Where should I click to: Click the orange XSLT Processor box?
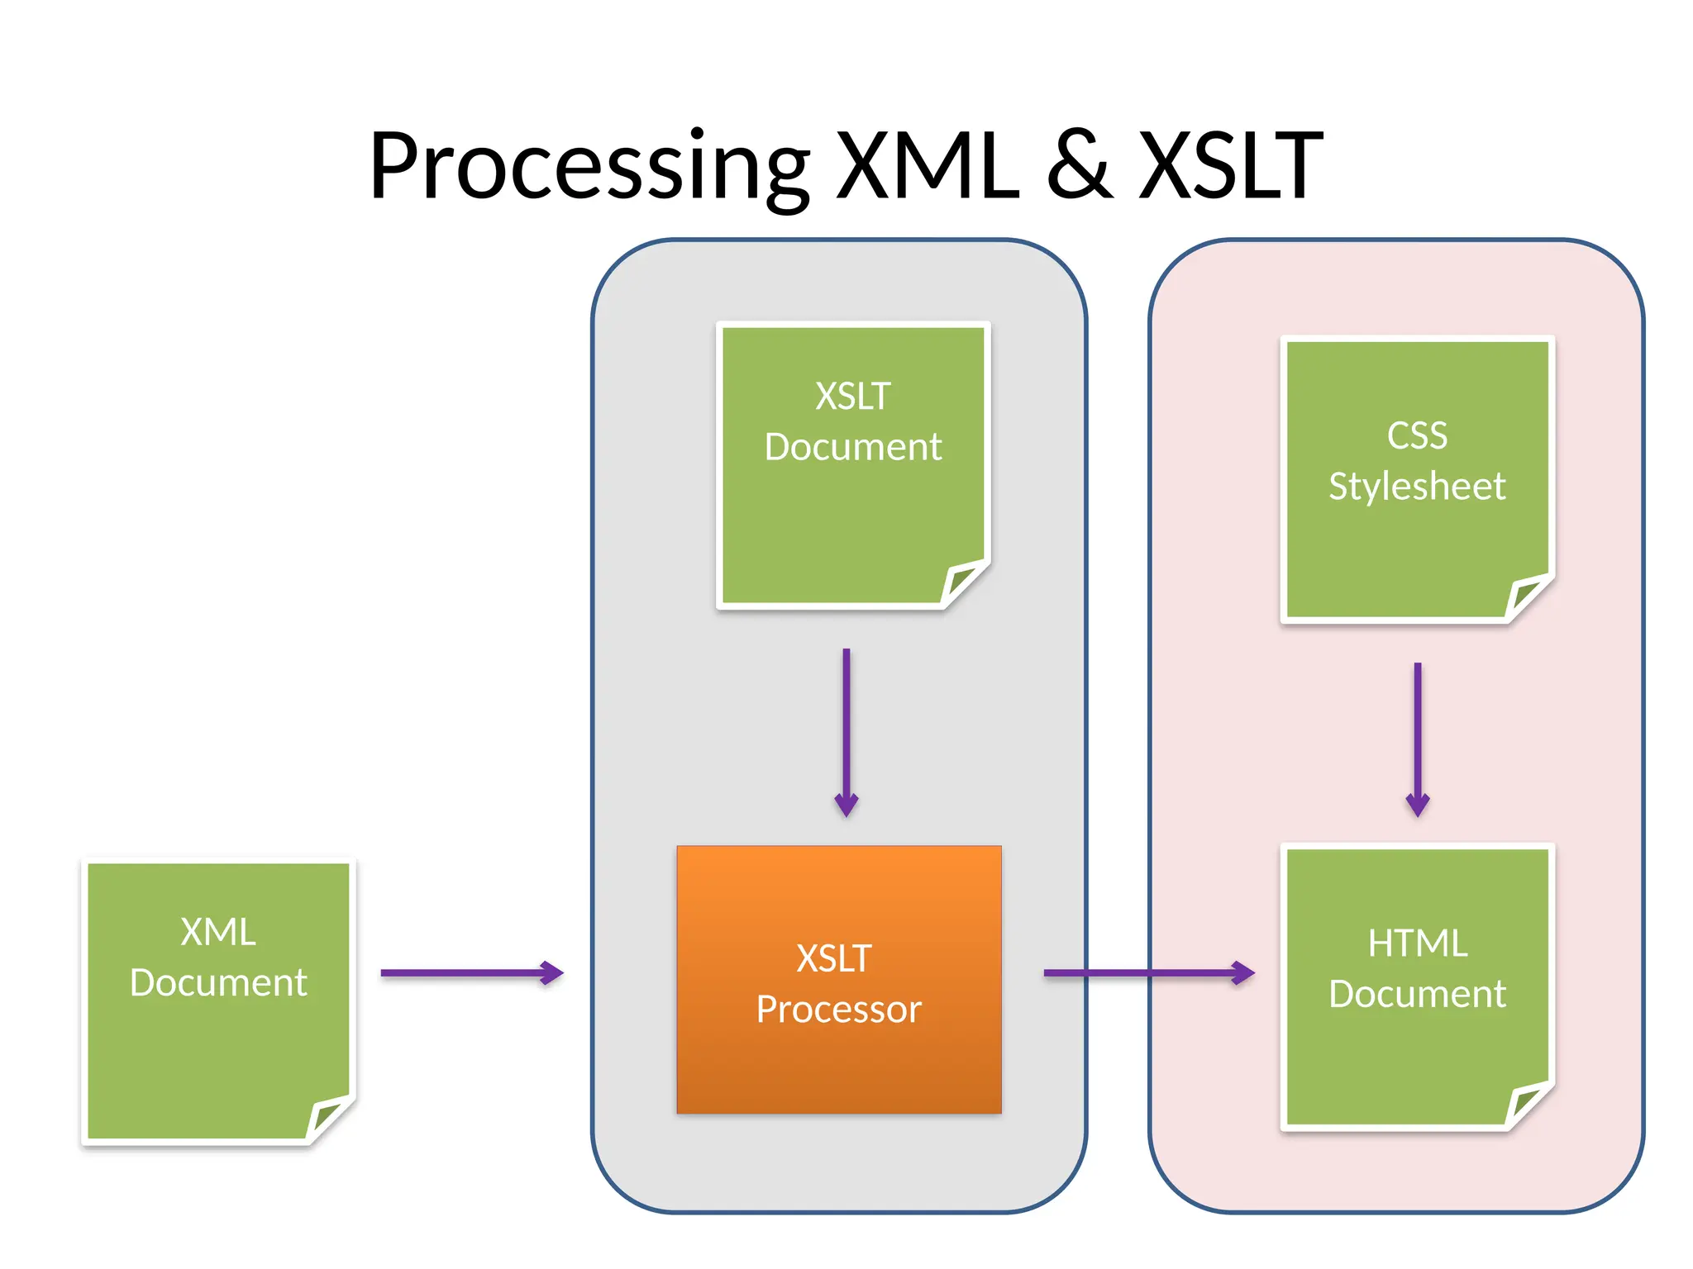coord(838,1066)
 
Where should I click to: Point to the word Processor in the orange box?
coord(838,1010)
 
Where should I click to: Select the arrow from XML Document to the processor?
coord(471,972)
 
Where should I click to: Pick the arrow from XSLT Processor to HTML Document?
coord(1149,972)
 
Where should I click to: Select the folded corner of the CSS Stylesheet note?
coord(1527,596)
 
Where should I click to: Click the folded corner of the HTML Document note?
coord(1527,1104)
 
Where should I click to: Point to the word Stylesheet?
coord(1417,486)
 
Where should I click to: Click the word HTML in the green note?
coord(1417,943)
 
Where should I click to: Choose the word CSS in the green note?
coord(1417,435)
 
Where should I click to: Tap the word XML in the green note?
coord(218,932)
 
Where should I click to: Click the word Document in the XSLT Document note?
coord(852,447)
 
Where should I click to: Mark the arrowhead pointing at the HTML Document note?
coord(1243,972)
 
